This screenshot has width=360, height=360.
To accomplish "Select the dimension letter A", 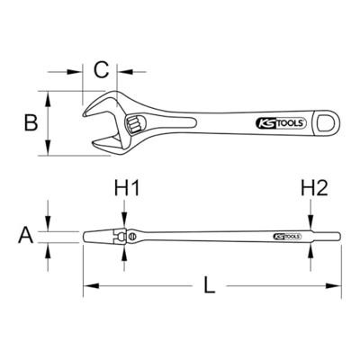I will point(26,237).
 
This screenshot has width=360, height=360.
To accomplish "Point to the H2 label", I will point(313,190).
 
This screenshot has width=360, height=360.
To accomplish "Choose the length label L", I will point(208,288).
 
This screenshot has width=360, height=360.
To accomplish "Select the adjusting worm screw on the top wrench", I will point(133,123).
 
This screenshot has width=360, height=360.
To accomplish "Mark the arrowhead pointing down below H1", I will point(122,225).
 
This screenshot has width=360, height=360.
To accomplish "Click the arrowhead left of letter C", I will point(84,68).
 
